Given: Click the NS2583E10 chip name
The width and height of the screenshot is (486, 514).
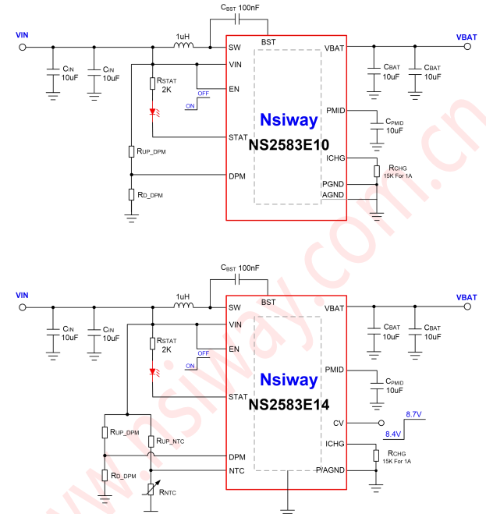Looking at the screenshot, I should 289,145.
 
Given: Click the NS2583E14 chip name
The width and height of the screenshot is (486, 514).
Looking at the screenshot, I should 289,405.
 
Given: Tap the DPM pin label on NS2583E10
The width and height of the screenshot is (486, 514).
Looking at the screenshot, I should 237,175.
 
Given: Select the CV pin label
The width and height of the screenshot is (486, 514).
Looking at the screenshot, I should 337,424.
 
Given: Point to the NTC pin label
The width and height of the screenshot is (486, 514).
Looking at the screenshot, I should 237,470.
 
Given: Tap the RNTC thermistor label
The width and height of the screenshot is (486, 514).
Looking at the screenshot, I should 168,492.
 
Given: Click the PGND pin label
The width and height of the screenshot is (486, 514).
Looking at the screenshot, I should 334,183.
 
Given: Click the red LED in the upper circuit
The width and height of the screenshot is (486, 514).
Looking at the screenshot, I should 152,112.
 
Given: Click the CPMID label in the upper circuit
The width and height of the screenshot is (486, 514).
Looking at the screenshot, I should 394,122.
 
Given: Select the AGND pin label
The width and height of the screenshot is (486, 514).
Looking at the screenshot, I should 334,195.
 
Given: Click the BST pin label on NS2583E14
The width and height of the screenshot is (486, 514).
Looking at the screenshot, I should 268,302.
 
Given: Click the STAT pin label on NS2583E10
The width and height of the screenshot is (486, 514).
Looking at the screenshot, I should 238,137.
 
